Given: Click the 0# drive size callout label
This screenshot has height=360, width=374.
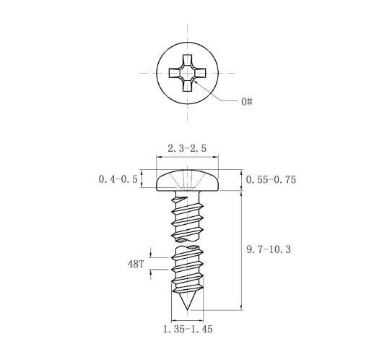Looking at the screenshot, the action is click(x=247, y=101).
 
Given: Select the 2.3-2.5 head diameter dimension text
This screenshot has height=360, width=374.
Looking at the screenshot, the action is click(x=187, y=148).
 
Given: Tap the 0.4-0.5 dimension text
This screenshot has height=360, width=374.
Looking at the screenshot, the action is click(x=118, y=179).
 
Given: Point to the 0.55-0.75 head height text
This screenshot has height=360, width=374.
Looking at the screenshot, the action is click(x=271, y=180).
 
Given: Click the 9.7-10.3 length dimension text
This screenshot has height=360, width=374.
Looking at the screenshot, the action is click(x=269, y=249).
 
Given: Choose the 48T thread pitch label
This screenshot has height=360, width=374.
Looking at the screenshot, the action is click(x=136, y=264).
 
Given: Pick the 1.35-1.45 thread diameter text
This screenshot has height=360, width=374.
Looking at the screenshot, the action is click(x=188, y=329).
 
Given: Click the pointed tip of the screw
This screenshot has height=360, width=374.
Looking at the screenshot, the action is click(x=188, y=309).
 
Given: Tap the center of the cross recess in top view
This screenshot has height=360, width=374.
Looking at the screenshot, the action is click(x=187, y=73).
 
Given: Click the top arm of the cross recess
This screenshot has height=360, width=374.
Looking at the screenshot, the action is click(x=187, y=60).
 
